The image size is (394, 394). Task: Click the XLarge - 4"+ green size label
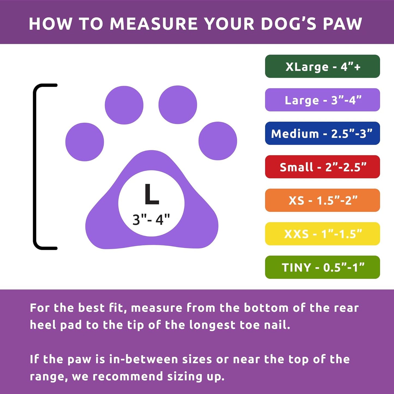tap(322, 67)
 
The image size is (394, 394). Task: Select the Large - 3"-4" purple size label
tap(322, 100)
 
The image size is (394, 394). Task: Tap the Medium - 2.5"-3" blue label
tap(322, 134)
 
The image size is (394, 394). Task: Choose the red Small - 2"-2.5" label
tap(322, 167)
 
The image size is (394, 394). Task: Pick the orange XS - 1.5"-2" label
tap(322, 200)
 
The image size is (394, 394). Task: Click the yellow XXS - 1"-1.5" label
tap(322, 234)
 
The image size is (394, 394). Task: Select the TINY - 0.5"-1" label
tap(322, 267)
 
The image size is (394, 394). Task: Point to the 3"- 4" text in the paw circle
tap(151, 219)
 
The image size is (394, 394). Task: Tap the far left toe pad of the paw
tap(85, 142)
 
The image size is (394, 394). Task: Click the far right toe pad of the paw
tap(218, 141)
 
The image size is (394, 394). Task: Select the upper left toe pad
tap(124, 105)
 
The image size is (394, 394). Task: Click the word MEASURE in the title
tap(154, 24)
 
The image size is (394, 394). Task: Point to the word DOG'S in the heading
tap(289, 24)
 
